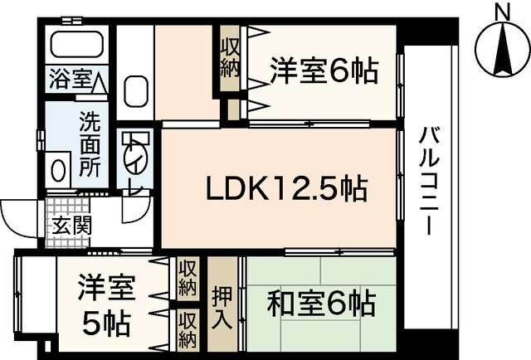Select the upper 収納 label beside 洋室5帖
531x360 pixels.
(188, 280)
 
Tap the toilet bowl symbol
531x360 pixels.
(132, 155)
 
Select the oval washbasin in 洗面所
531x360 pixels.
(58, 171)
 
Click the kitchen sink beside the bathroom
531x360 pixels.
(134, 90)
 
